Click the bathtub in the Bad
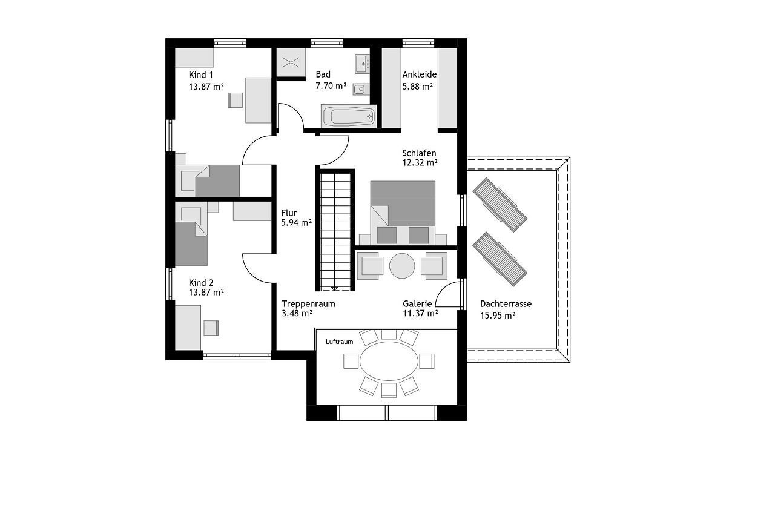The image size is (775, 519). pos(348,116)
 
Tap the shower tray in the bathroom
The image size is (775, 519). pos(291,62)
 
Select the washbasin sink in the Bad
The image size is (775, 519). pos(362,64)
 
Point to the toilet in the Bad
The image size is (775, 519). pos(361,90)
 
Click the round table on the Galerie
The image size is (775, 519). pos(401,266)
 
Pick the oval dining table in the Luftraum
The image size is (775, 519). pos(389,361)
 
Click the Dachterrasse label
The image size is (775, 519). pos(506,304)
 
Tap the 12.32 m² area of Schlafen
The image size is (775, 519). pos(420,162)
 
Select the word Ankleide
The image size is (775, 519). pos(420,74)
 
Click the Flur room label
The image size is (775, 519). pos(289,213)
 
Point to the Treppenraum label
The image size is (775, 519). pos(308,304)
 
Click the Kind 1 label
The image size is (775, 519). pos(200,74)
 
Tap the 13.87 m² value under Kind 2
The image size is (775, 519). pos(206,292)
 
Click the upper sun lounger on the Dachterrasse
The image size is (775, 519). pos(500,205)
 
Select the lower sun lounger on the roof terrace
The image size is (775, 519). pos(500,259)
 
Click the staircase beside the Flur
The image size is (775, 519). pos(335,230)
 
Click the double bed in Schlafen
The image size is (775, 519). pos(403,213)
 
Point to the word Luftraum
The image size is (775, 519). pos(340,342)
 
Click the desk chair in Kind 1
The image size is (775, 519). pos(235,100)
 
